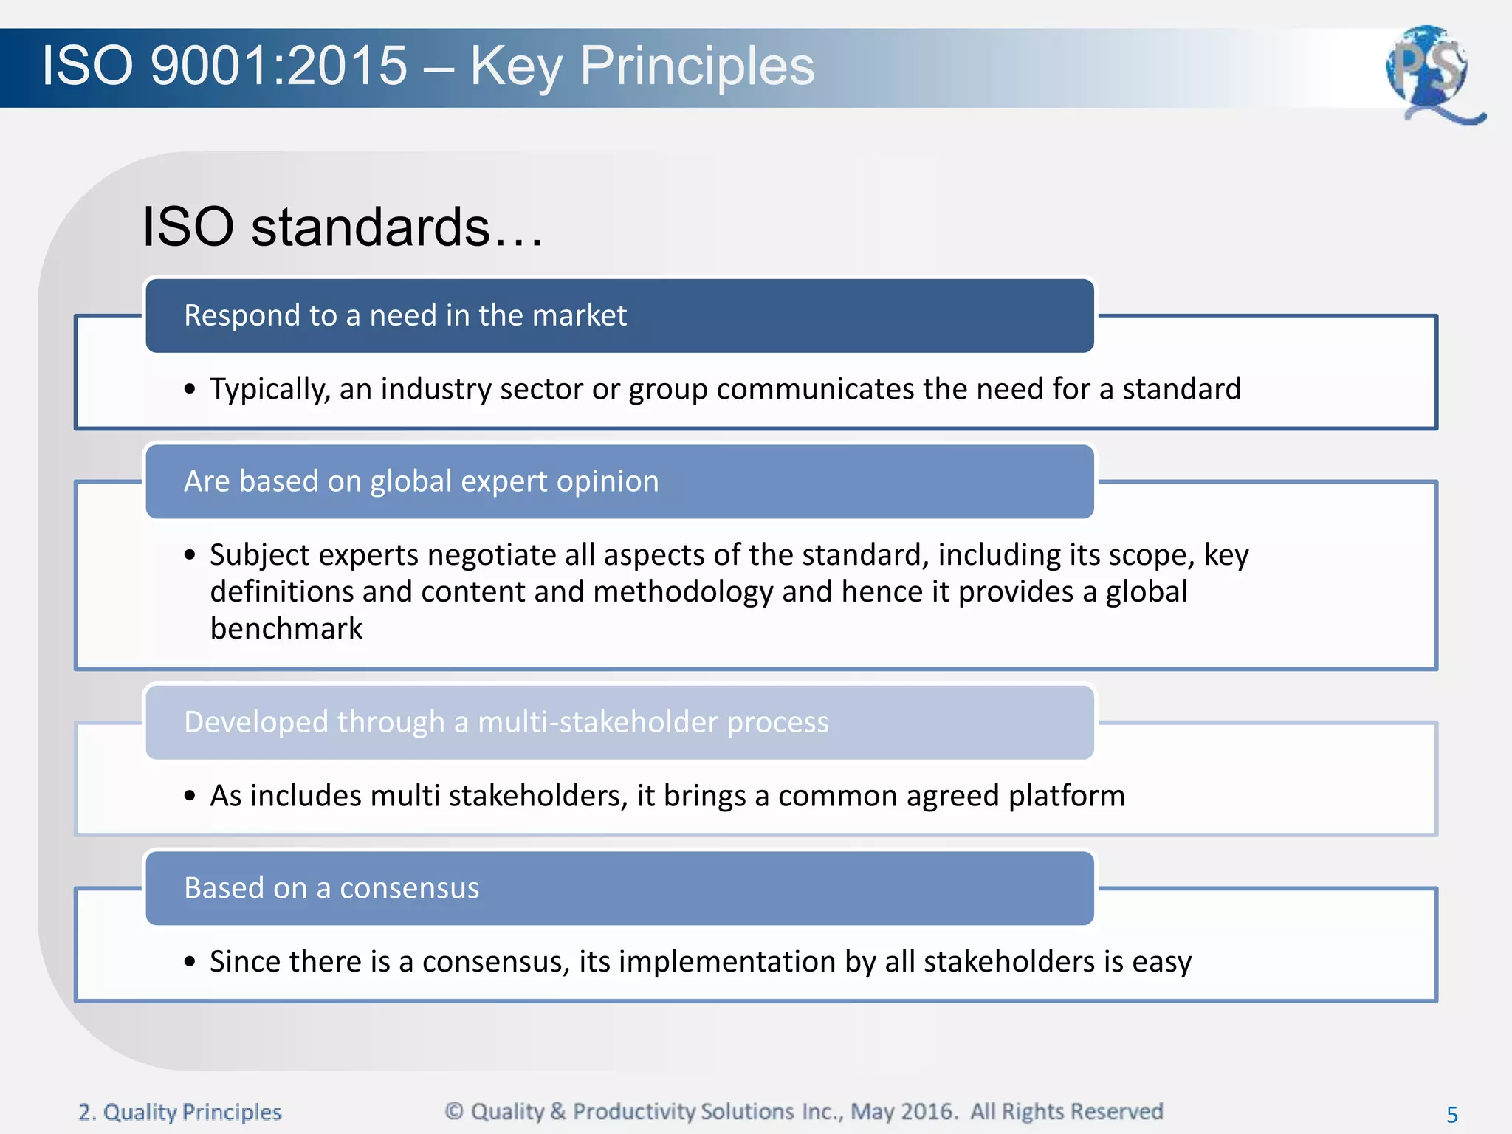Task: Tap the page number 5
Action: pyautogui.click(x=1451, y=1114)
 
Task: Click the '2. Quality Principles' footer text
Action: pyautogui.click(x=180, y=1112)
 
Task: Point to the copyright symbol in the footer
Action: pyautogui.click(x=454, y=1110)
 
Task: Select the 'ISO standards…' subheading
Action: pyautogui.click(x=343, y=226)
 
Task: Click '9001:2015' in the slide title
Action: pyautogui.click(x=278, y=66)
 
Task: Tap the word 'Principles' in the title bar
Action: pyautogui.click(x=696, y=66)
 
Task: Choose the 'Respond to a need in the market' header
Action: pyautogui.click(x=405, y=315)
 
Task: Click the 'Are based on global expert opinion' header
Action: pyautogui.click(x=421, y=481)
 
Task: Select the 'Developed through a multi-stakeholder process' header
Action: pyautogui.click(x=506, y=722)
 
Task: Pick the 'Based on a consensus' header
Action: pyautogui.click(x=331, y=888)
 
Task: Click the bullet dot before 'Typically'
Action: pyautogui.click(x=190, y=389)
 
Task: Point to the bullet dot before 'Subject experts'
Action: pyautogui.click(x=190, y=555)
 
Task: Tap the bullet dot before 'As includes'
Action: pyautogui.click(x=190, y=796)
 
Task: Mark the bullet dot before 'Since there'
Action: pyautogui.click(x=190, y=962)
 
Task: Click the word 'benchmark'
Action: pyautogui.click(x=286, y=629)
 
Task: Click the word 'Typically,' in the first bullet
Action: pyautogui.click(x=270, y=389)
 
